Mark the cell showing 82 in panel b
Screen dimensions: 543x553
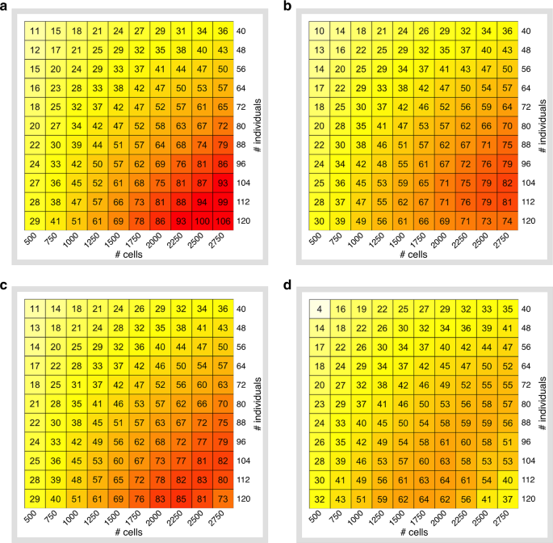coord(506,183)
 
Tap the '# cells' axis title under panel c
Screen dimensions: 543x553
coord(129,532)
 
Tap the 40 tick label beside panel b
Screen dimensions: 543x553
coord(526,32)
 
